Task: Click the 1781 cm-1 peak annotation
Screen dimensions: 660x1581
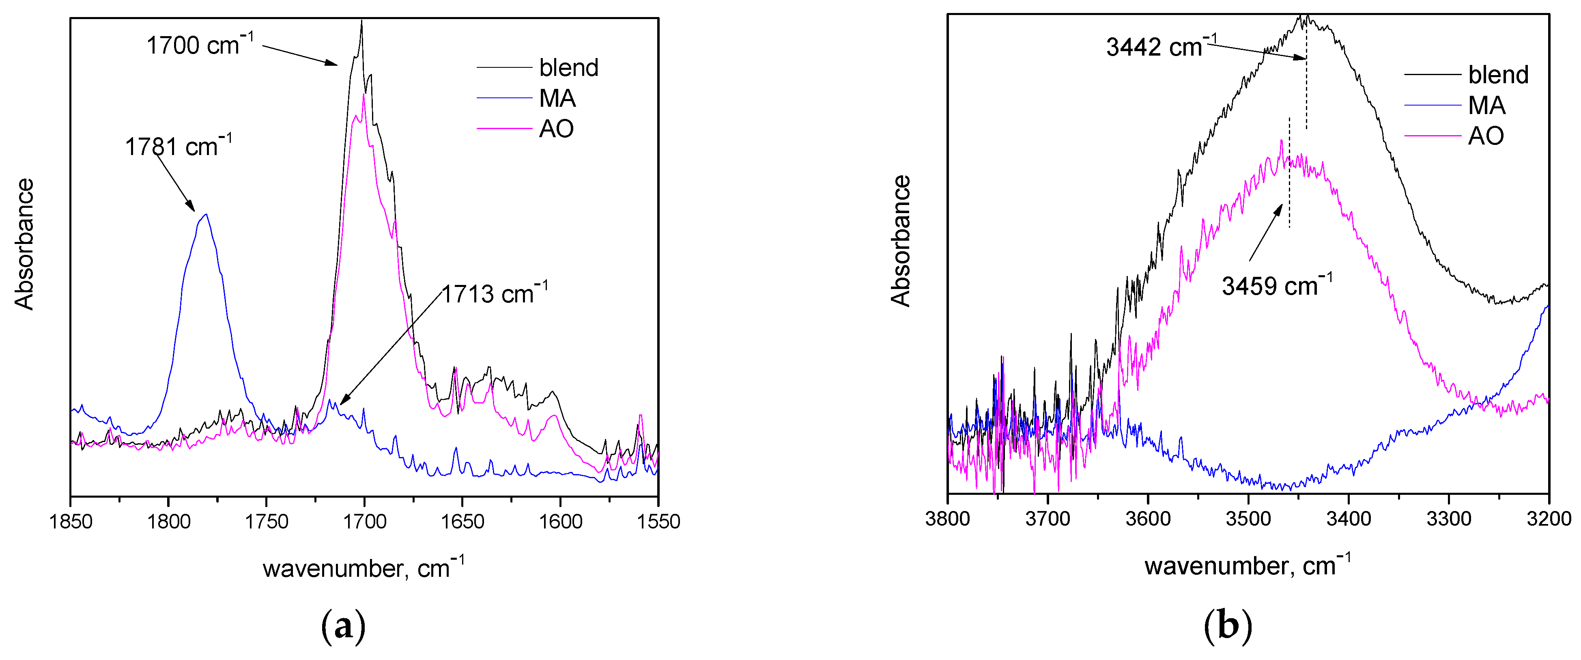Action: point(178,146)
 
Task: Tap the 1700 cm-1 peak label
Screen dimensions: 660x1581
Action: point(200,45)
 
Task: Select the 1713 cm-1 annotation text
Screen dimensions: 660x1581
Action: point(495,293)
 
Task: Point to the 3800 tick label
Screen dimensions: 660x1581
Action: point(948,519)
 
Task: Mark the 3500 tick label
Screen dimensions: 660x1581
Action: point(1248,519)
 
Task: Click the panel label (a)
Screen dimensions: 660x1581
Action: point(343,626)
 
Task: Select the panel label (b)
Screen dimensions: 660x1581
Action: point(1228,626)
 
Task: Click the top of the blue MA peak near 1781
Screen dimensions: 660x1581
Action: point(206,214)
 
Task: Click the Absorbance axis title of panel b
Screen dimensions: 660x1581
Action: point(901,241)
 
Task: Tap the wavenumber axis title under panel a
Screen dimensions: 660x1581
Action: point(364,568)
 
